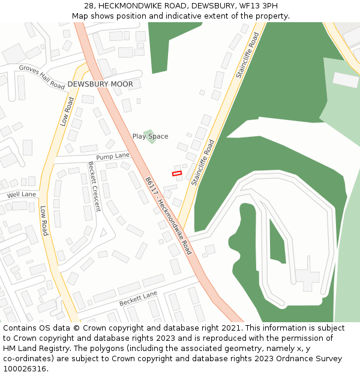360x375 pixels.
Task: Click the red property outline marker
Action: (x=177, y=173)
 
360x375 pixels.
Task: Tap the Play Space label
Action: (x=150, y=136)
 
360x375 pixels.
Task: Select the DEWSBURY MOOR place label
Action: (x=100, y=85)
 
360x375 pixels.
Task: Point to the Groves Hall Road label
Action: (x=41, y=77)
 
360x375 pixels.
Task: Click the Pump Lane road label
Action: (x=113, y=156)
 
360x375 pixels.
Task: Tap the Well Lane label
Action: (x=22, y=194)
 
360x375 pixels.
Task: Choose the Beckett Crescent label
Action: (x=95, y=187)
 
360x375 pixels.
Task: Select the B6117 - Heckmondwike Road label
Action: (x=168, y=215)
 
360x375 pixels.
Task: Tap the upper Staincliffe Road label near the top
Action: (x=247, y=56)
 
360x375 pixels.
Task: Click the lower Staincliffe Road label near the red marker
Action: (x=202, y=163)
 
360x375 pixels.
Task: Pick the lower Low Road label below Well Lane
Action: (x=43, y=221)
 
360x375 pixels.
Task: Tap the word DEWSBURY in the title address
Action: (x=212, y=6)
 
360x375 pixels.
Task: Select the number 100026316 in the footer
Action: (x=23, y=368)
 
